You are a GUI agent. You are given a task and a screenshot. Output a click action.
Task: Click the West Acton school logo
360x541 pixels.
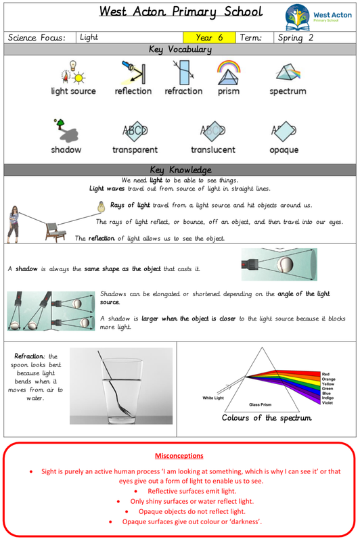(x=318, y=17)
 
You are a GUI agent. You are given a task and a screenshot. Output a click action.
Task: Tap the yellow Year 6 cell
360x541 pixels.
(x=210, y=37)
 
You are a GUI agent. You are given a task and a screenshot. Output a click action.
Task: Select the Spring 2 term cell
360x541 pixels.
(x=315, y=37)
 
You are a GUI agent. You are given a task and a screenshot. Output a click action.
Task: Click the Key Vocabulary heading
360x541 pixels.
(x=180, y=49)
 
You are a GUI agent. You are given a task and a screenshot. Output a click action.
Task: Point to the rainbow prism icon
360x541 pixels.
(x=229, y=72)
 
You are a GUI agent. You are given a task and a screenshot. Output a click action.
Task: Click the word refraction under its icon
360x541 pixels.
(x=183, y=91)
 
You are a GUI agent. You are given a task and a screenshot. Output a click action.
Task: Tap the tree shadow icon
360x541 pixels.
(x=66, y=131)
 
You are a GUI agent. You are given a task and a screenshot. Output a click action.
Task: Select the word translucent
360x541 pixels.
(x=213, y=149)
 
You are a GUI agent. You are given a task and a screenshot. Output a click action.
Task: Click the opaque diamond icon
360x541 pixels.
(x=284, y=131)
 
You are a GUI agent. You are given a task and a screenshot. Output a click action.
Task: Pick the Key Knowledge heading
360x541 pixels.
(x=181, y=170)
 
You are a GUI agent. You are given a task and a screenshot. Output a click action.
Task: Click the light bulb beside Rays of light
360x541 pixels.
(x=101, y=206)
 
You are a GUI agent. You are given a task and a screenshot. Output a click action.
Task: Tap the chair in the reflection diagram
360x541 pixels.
(x=55, y=232)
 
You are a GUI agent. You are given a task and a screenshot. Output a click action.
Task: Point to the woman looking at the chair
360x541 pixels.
(x=13, y=225)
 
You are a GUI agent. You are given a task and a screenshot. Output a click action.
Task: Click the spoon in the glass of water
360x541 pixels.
(x=114, y=382)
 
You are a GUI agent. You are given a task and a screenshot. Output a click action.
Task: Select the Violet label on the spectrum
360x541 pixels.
(x=328, y=402)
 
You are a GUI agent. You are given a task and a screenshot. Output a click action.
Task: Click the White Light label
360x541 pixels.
(x=213, y=398)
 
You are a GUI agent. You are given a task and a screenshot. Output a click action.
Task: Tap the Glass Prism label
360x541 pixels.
(x=261, y=404)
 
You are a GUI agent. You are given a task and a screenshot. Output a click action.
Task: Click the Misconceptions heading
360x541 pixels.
(x=179, y=456)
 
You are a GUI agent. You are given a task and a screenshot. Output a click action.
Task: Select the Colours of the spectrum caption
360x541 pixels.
(x=267, y=418)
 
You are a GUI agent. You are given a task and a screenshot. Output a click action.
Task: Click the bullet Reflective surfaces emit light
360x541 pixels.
(x=192, y=491)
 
